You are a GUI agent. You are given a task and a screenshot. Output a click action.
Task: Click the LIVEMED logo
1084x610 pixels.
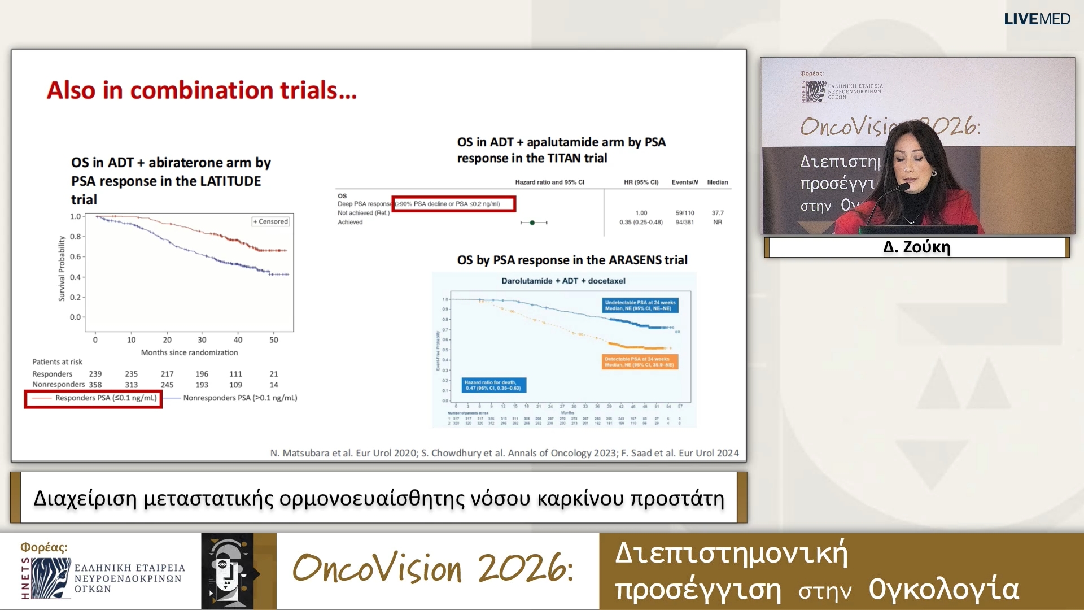coord(1037,19)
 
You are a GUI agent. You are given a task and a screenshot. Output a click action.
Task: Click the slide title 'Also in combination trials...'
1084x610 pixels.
coord(202,90)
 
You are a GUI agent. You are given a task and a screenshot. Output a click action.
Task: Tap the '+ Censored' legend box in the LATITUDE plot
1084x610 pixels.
coord(270,221)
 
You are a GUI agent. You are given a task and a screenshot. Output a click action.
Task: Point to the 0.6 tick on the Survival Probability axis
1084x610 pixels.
coord(75,256)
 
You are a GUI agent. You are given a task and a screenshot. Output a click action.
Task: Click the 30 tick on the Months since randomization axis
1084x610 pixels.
coord(202,339)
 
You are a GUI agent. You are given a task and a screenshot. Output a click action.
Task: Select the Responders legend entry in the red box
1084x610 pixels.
coord(94,398)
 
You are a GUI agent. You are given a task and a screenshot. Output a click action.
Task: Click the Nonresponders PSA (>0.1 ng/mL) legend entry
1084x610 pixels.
coord(239,398)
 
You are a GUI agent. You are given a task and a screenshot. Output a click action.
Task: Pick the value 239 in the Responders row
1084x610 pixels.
coord(95,374)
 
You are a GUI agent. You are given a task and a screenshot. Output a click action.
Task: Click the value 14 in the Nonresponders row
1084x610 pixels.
coord(274,385)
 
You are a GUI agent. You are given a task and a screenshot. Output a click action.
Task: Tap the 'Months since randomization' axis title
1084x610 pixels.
coord(189,352)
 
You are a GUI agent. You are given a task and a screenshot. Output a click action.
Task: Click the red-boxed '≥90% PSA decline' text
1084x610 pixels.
coord(453,204)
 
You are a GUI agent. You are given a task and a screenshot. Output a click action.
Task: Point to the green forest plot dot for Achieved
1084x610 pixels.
coord(532,223)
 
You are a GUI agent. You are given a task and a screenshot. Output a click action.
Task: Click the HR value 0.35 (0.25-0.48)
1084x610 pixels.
coord(641,222)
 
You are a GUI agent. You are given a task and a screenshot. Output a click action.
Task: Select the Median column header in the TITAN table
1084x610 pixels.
coord(717,182)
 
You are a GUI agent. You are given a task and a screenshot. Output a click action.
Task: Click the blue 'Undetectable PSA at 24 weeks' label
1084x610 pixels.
coord(641,306)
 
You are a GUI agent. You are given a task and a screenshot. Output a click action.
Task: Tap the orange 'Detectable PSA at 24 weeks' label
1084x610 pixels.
coord(640,361)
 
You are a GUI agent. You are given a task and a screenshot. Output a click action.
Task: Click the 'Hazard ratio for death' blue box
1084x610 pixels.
coord(494,385)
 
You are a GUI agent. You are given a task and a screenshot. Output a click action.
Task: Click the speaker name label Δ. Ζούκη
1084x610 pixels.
coord(916,247)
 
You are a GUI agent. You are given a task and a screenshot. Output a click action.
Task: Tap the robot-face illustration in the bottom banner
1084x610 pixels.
coord(228,571)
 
